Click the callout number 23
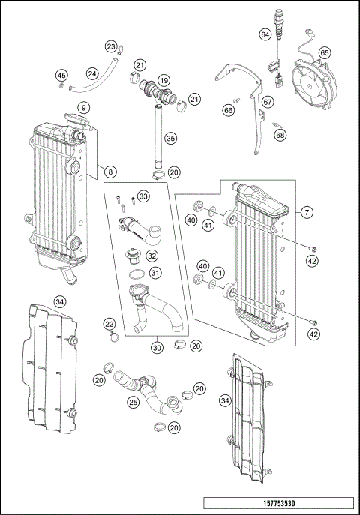click(x=111, y=48)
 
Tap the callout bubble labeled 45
click(x=61, y=75)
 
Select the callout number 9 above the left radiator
click(x=84, y=108)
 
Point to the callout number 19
click(x=163, y=79)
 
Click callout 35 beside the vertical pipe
click(x=170, y=138)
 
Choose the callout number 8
click(x=109, y=172)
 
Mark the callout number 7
click(x=307, y=212)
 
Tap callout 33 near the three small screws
click(x=143, y=196)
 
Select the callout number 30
click(x=157, y=348)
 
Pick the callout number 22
click(x=109, y=324)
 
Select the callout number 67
click(x=268, y=102)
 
